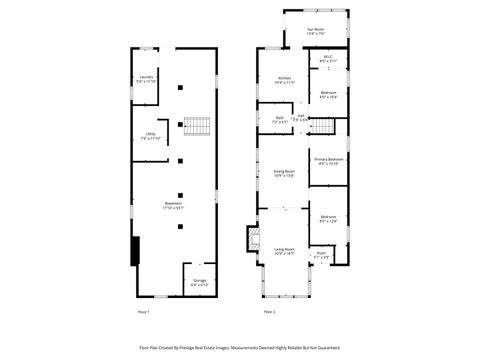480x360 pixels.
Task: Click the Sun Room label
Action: tap(315, 30)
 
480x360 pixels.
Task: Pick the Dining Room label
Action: tap(284, 173)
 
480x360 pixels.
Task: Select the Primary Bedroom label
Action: tap(328, 160)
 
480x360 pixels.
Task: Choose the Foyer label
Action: tap(322, 254)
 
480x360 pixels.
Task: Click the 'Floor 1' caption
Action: tap(142, 312)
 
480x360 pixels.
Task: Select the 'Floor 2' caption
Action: tap(269, 312)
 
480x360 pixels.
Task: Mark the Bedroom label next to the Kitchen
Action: tap(328, 94)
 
